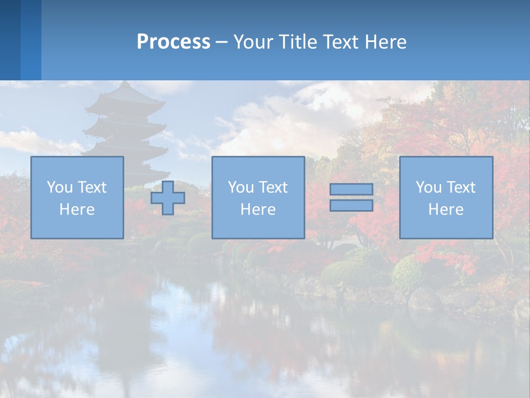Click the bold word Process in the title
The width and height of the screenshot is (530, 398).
173,42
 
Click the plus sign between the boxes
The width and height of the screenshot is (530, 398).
168,198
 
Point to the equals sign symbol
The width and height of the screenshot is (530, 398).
351,197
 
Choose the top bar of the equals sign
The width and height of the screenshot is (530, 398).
351,190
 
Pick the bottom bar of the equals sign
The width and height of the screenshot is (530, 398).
351,206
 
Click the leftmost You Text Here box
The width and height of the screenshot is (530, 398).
77,197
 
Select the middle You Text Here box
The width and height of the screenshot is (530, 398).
258,197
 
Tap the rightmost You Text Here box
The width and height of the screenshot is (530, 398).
446,197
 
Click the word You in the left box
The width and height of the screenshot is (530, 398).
60,187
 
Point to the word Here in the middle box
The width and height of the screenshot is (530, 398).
258,210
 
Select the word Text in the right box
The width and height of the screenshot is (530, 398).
461,187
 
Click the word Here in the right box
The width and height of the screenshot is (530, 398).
446,210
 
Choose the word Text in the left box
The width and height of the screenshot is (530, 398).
92,187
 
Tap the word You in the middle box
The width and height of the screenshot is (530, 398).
241,187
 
